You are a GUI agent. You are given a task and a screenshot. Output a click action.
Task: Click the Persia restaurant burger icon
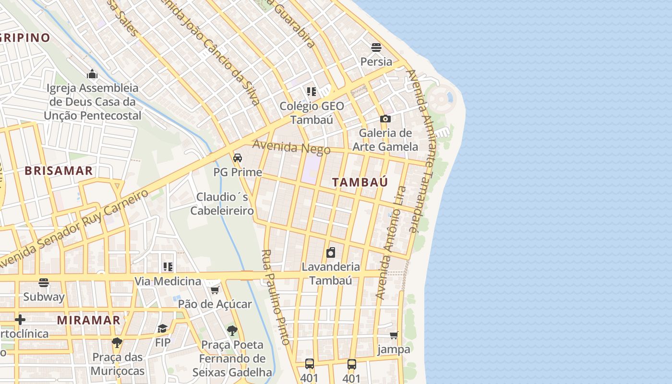coord(376,48)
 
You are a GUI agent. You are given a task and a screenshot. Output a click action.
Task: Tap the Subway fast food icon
coord(44,283)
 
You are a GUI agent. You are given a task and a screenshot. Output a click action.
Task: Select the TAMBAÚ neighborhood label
coord(360,182)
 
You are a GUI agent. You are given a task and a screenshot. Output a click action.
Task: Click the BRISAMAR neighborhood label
coord(59,171)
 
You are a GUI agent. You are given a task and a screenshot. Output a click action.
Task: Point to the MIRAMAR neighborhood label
coord(88,320)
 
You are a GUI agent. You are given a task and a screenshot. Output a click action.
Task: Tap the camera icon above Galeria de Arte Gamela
coord(385,119)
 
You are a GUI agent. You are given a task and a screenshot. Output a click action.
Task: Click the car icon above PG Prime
coord(238,157)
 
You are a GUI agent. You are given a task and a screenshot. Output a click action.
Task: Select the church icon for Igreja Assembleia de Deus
coord(92,74)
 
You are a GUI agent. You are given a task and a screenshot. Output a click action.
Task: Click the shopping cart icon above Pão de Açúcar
coord(215,290)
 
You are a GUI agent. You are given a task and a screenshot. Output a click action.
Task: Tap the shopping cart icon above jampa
coord(394,335)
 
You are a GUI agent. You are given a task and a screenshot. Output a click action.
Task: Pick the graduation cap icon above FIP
coord(163,329)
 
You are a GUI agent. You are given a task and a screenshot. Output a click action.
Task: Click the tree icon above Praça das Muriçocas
coord(117,343)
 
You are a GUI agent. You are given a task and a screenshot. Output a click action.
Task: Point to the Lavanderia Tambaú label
coord(331,273)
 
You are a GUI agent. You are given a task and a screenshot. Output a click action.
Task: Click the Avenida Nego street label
coord(291,146)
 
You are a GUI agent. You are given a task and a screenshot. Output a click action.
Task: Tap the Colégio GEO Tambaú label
coord(312,112)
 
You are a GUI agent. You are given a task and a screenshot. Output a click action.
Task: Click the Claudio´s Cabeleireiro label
coord(222,204)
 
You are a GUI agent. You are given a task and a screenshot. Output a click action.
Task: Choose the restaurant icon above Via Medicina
coord(168,267)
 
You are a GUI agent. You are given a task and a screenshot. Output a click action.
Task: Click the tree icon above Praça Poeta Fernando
coord(232,330)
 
